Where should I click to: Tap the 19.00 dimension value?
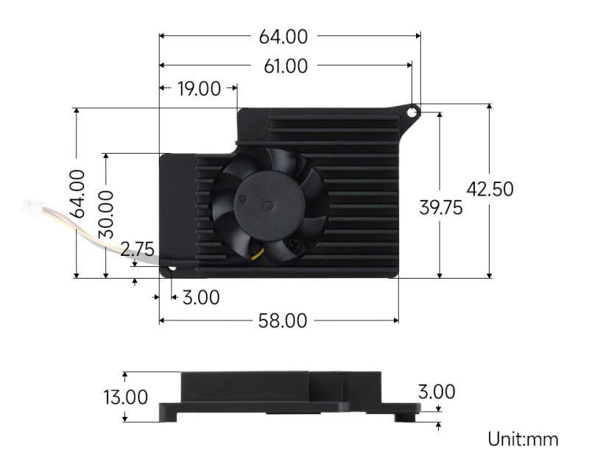point(199,90)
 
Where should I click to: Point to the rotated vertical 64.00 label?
point(76,193)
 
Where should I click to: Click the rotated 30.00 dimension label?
point(106,213)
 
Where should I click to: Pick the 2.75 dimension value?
point(137,251)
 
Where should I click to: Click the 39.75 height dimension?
point(440,208)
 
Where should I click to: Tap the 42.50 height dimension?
point(490,189)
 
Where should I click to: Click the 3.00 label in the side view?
point(437,392)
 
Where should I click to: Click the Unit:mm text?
point(523,440)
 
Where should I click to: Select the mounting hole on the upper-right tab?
point(412,111)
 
